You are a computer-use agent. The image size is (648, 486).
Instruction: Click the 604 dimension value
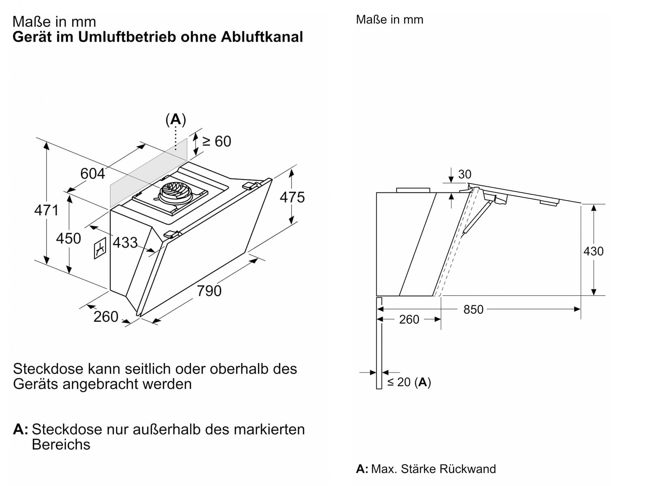tap(92, 173)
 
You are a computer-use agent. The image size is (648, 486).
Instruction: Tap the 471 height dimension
tap(46, 210)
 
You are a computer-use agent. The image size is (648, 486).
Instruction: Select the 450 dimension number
tap(68, 238)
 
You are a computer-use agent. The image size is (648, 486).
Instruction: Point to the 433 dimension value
tap(125, 243)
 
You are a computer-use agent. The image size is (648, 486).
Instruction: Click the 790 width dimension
tap(209, 291)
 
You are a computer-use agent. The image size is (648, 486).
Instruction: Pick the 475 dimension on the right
tap(292, 197)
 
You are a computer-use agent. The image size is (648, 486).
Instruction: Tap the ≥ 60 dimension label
tap(217, 141)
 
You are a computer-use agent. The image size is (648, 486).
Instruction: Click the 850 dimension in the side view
tap(473, 309)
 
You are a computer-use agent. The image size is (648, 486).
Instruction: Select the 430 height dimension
tap(593, 251)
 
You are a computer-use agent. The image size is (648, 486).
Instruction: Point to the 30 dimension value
tap(465, 174)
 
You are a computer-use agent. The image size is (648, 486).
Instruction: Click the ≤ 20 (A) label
tap(409, 382)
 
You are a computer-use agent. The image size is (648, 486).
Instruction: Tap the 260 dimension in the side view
tap(409, 319)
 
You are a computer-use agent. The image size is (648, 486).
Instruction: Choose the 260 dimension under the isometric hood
tap(106, 317)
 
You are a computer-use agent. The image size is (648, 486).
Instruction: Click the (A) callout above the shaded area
tap(176, 119)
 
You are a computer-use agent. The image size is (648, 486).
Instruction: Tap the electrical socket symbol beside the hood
tap(100, 248)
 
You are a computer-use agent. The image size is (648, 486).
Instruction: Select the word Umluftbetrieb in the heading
tap(127, 37)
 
